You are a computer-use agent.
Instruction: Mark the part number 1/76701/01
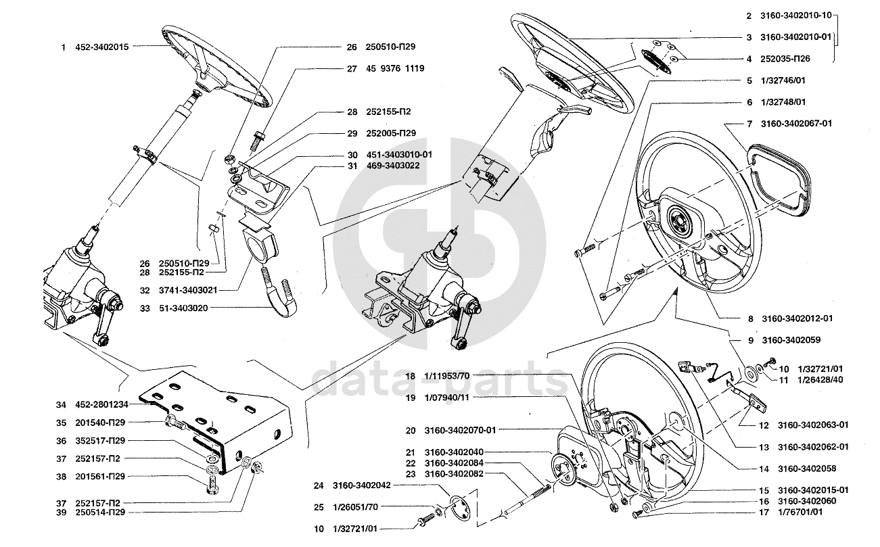(801, 513)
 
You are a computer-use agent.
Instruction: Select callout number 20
(411, 430)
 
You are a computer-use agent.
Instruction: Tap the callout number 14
(764, 469)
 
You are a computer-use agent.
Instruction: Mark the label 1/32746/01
(783, 80)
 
